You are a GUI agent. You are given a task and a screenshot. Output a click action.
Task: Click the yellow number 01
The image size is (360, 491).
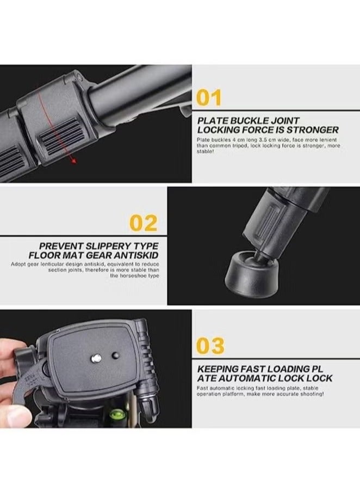coord(209,99)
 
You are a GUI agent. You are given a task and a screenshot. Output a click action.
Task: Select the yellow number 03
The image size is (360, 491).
coord(209,346)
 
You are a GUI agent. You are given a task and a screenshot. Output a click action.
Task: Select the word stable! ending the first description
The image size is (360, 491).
coord(206,152)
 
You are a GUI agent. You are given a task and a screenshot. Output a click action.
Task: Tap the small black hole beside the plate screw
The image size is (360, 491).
coord(115,355)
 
